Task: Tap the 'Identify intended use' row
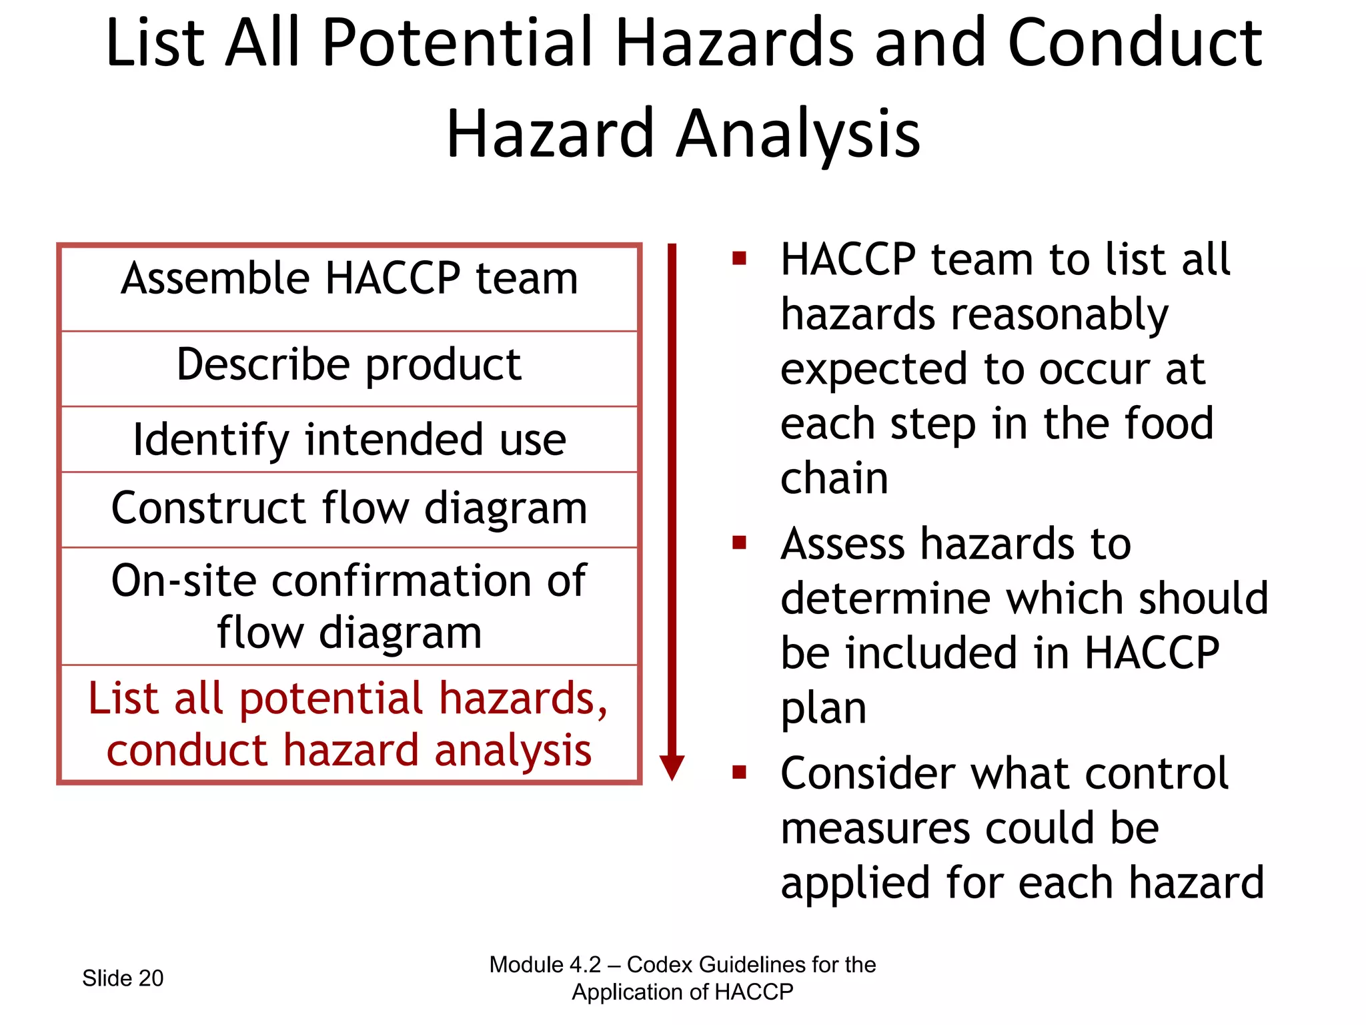(x=349, y=440)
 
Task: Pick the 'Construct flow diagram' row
(x=349, y=508)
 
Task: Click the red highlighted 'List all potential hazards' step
(x=349, y=724)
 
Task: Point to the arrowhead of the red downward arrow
(x=672, y=767)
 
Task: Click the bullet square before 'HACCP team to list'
(x=738, y=258)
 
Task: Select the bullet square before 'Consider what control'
(x=738, y=772)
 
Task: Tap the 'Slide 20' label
(x=123, y=978)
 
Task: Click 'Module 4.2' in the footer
(x=544, y=965)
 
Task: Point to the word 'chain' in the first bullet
(x=834, y=478)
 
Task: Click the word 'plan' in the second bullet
(x=823, y=709)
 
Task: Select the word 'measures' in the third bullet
(x=874, y=828)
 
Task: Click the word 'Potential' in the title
(x=457, y=43)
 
